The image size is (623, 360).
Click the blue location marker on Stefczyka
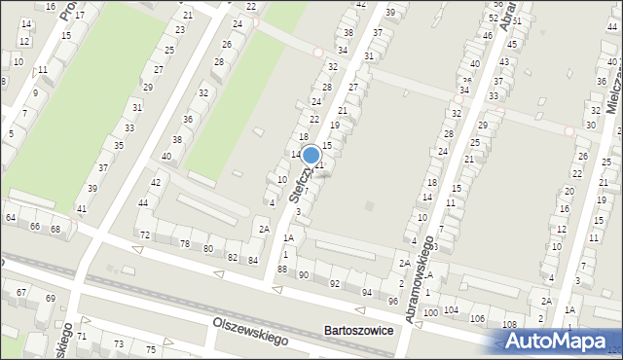pos(311,155)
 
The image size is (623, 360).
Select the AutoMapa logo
pos(561,342)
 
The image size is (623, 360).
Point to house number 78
pos(185,243)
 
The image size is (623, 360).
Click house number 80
pos(207,249)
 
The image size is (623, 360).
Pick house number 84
pos(253,260)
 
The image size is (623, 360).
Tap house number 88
pos(282,269)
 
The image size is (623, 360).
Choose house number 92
pos(334,283)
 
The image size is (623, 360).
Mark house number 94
pos(367,292)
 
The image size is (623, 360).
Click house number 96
pos(393,301)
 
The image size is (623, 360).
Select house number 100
pos(430,311)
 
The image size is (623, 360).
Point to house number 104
pos(451,309)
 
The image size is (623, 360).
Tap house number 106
pos(477,318)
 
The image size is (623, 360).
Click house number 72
pos(145,235)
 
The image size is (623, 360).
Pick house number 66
pos(34,226)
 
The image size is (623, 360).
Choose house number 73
pos(119,343)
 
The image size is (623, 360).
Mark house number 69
pos(50,298)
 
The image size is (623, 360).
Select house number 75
pos(151,349)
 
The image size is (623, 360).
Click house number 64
pos(10,217)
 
